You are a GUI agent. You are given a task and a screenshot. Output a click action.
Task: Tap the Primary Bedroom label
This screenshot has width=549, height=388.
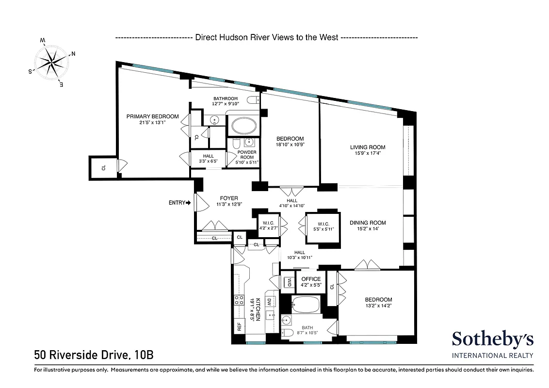[x=152, y=116]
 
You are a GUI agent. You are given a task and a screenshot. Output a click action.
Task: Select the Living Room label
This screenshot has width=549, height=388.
[x=368, y=147]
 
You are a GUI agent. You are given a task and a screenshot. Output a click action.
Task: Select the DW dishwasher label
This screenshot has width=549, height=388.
[x=270, y=302]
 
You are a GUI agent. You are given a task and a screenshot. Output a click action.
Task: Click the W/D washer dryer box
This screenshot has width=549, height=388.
[x=289, y=282]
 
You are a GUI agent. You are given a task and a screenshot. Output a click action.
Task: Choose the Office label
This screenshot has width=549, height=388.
[x=311, y=279]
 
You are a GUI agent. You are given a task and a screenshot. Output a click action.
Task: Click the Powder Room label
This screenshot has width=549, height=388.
[x=246, y=155]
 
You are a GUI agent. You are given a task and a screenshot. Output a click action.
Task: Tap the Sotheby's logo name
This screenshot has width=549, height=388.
[x=492, y=339]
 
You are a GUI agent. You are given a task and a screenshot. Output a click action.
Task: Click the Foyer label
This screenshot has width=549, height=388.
[x=229, y=198]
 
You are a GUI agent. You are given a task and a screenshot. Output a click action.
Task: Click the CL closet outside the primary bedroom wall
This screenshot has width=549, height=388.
[x=103, y=168]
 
